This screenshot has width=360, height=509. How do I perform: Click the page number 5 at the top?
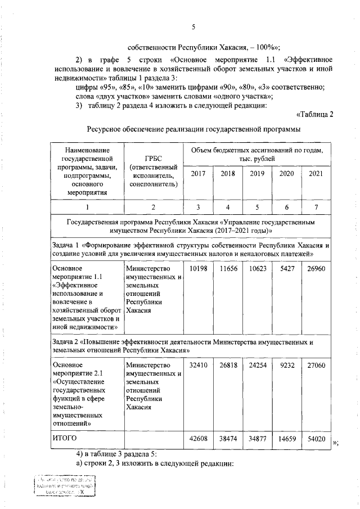(x=193, y=27)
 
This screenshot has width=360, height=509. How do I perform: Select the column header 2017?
(x=198, y=174)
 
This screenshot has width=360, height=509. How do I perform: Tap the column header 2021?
(x=316, y=174)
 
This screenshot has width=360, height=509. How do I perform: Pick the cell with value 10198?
(x=198, y=269)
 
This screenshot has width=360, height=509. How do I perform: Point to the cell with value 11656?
(x=228, y=269)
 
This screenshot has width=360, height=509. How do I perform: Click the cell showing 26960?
(x=316, y=269)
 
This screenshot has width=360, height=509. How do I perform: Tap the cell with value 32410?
(x=198, y=365)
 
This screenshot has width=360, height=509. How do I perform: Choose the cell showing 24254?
(x=258, y=365)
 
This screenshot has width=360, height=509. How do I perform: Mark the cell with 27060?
(x=316, y=365)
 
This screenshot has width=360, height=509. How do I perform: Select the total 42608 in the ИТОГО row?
(x=198, y=438)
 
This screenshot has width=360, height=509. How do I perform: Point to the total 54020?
(x=316, y=438)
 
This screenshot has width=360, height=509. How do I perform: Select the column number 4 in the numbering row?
(x=228, y=208)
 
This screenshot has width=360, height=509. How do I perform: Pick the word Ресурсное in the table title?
(x=105, y=130)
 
